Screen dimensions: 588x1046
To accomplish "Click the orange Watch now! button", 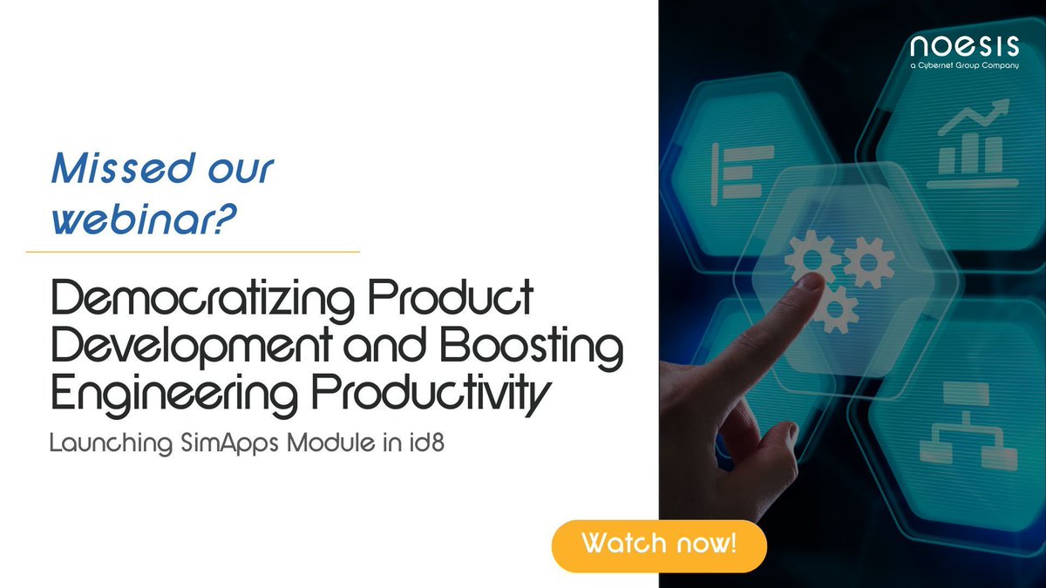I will coord(659,545).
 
